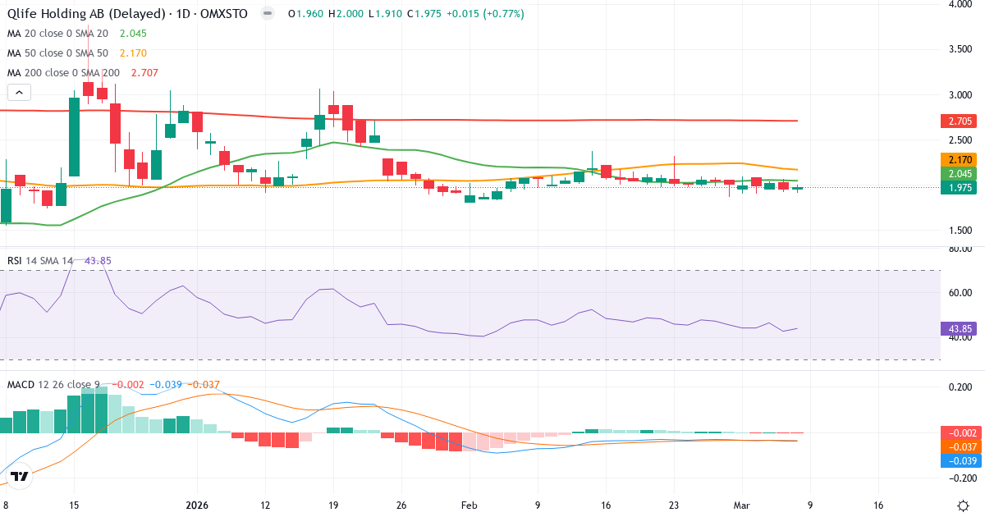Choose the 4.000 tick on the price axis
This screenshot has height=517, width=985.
click(961, 4)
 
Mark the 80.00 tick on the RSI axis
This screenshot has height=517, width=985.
click(961, 249)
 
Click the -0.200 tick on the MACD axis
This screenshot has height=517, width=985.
click(960, 478)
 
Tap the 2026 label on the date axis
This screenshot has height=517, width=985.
click(198, 506)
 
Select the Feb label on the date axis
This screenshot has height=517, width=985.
click(469, 506)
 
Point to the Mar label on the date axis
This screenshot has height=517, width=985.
click(741, 506)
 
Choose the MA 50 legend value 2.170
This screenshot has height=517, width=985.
click(133, 53)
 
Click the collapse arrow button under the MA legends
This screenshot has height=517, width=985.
click(19, 93)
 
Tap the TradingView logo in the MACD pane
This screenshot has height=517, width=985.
click(20, 476)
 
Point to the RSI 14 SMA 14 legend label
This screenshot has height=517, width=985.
click(40, 261)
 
